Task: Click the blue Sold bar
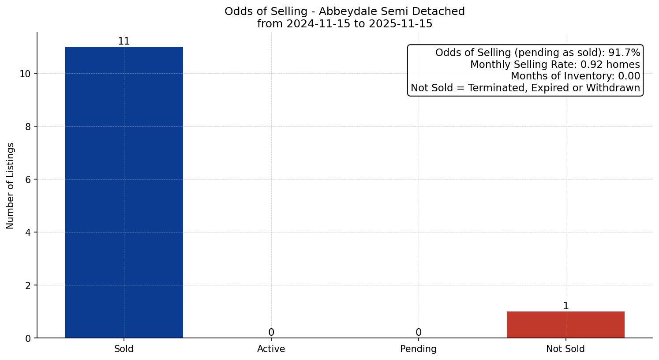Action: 124,192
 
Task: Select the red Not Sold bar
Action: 565,325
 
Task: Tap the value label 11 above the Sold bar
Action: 124,41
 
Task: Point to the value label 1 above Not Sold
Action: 566,306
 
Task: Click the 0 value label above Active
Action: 271,333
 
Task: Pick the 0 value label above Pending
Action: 419,333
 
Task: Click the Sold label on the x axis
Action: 124,349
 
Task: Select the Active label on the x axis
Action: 271,349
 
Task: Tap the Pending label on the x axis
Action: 419,349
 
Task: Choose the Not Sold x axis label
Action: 565,349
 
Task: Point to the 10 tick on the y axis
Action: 25,74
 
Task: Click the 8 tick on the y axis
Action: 28,127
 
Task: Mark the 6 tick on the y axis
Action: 28,180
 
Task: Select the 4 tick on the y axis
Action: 28,232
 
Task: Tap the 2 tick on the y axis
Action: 28,285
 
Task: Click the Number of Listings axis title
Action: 11,186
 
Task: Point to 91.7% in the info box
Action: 624,53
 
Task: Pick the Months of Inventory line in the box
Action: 575,76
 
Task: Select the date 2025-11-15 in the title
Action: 401,24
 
